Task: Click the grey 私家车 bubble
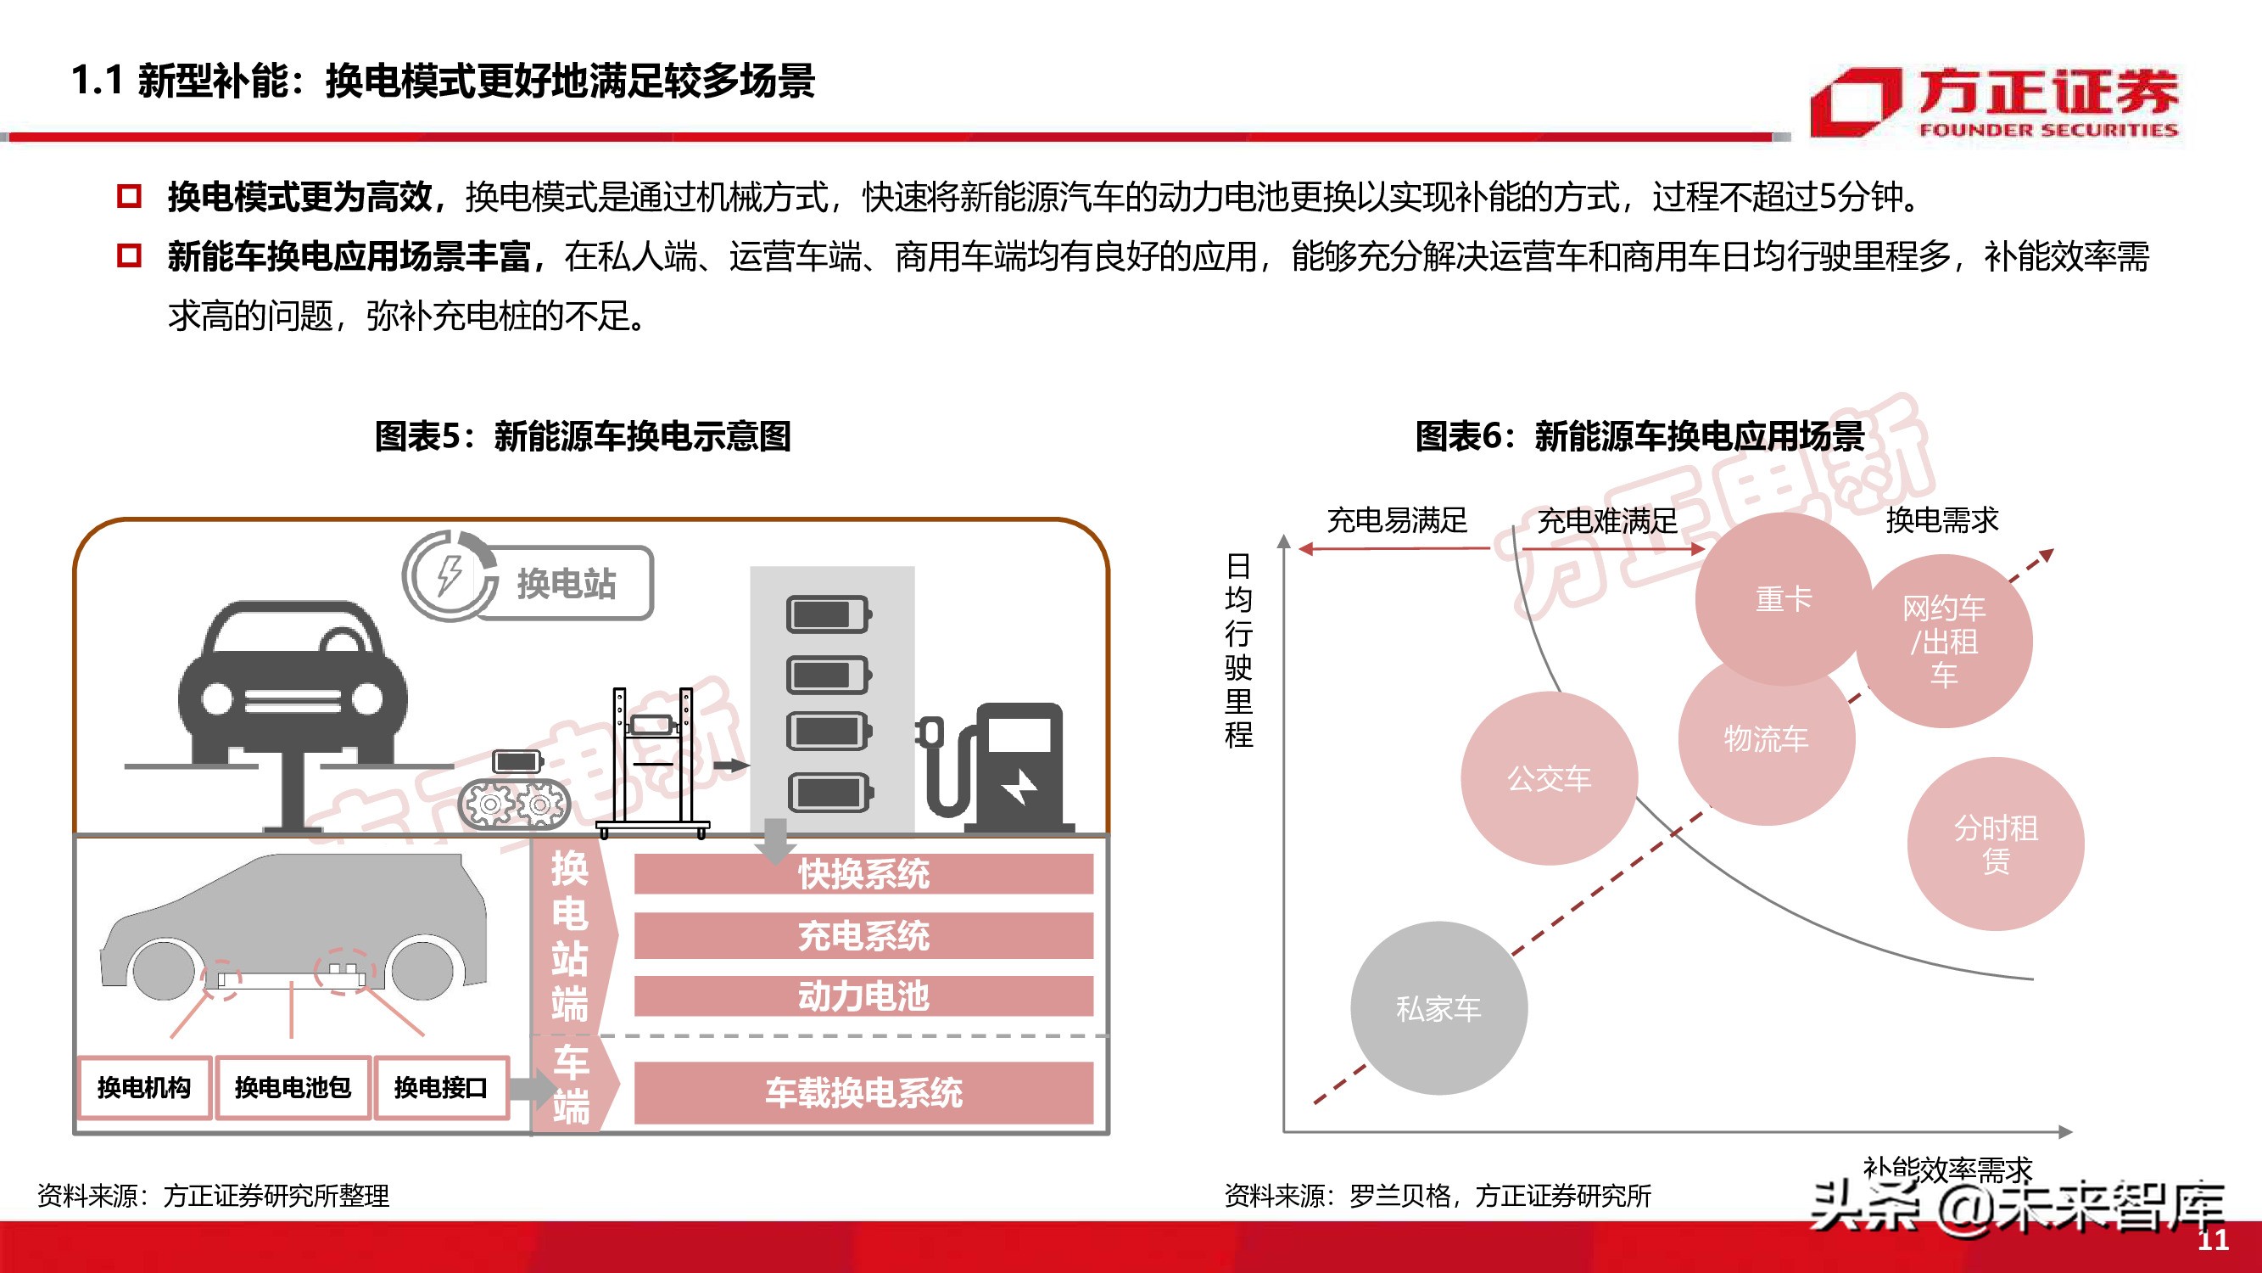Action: click(1438, 1007)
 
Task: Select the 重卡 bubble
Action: click(1783, 599)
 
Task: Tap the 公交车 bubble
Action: click(1549, 777)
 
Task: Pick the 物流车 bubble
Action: click(1766, 739)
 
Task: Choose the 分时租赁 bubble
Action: click(1995, 844)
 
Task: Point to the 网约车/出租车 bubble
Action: click(1944, 642)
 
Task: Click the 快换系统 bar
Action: click(863, 874)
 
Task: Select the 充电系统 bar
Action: click(863, 935)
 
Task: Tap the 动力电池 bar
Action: click(863, 996)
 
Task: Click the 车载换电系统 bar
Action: click(863, 1092)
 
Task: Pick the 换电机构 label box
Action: click(144, 1088)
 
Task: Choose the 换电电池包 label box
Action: click(293, 1088)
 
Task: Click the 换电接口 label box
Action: click(441, 1088)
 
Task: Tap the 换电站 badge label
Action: click(566, 583)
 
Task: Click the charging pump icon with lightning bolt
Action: click(1010, 769)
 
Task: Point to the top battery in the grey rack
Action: click(828, 614)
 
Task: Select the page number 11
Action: click(2213, 1240)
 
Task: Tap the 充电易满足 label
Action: click(1396, 520)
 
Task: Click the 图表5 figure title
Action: click(582, 435)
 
